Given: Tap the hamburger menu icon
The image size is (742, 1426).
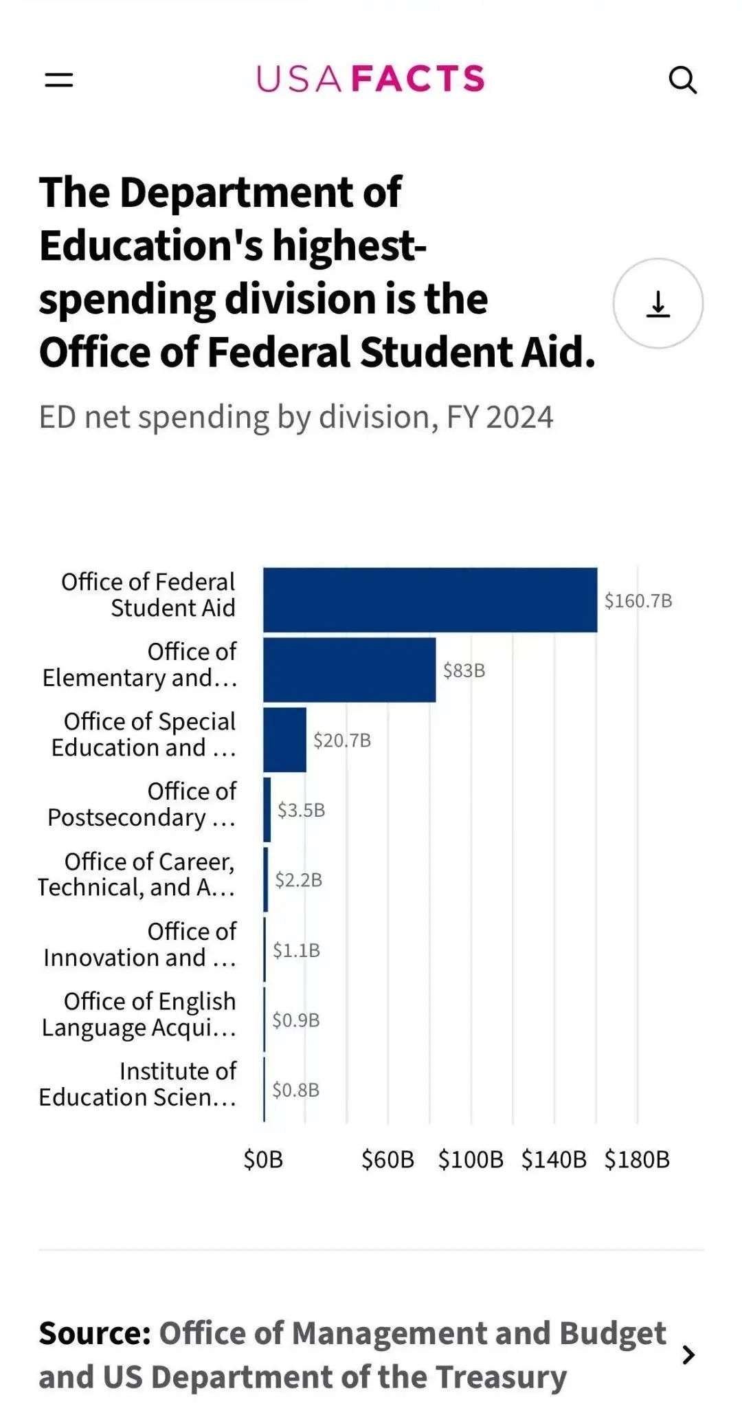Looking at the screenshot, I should pyautogui.click(x=59, y=80).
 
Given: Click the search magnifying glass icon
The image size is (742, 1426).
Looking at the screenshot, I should pyautogui.click(x=682, y=80).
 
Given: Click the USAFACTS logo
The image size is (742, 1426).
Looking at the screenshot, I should pyautogui.click(x=370, y=79).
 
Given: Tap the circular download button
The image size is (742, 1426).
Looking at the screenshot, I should pyautogui.click(x=657, y=303).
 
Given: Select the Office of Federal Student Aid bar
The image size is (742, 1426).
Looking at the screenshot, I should pyautogui.click(x=430, y=600).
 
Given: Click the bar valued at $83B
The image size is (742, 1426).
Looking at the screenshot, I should pyautogui.click(x=349, y=670).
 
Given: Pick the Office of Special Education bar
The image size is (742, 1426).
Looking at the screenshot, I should pyautogui.click(x=284, y=740).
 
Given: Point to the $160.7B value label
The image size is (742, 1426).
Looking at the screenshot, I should pyautogui.click(x=638, y=601).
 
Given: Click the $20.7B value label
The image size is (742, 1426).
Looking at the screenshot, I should pyautogui.click(x=342, y=741).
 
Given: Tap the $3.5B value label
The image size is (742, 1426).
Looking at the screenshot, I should pyautogui.click(x=301, y=810).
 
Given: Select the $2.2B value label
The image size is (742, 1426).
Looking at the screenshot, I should pyautogui.click(x=298, y=880).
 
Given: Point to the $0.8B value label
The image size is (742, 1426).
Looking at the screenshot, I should pyautogui.click(x=295, y=1090).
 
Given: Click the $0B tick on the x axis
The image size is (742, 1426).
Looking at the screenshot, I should pyautogui.click(x=263, y=1160).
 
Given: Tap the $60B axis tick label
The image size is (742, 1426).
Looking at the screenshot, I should pyautogui.click(x=387, y=1160).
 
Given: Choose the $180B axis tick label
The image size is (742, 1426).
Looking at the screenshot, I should pyautogui.click(x=636, y=1160).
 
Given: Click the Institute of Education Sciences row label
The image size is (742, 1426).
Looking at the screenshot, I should pyautogui.click(x=137, y=1084).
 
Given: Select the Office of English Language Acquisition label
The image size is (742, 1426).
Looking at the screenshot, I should pyautogui.click(x=139, y=1014).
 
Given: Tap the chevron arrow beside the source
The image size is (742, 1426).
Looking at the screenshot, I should pyautogui.click(x=688, y=1354).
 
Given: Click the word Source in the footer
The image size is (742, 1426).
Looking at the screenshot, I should pyautogui.click(x=94, y=1333).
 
